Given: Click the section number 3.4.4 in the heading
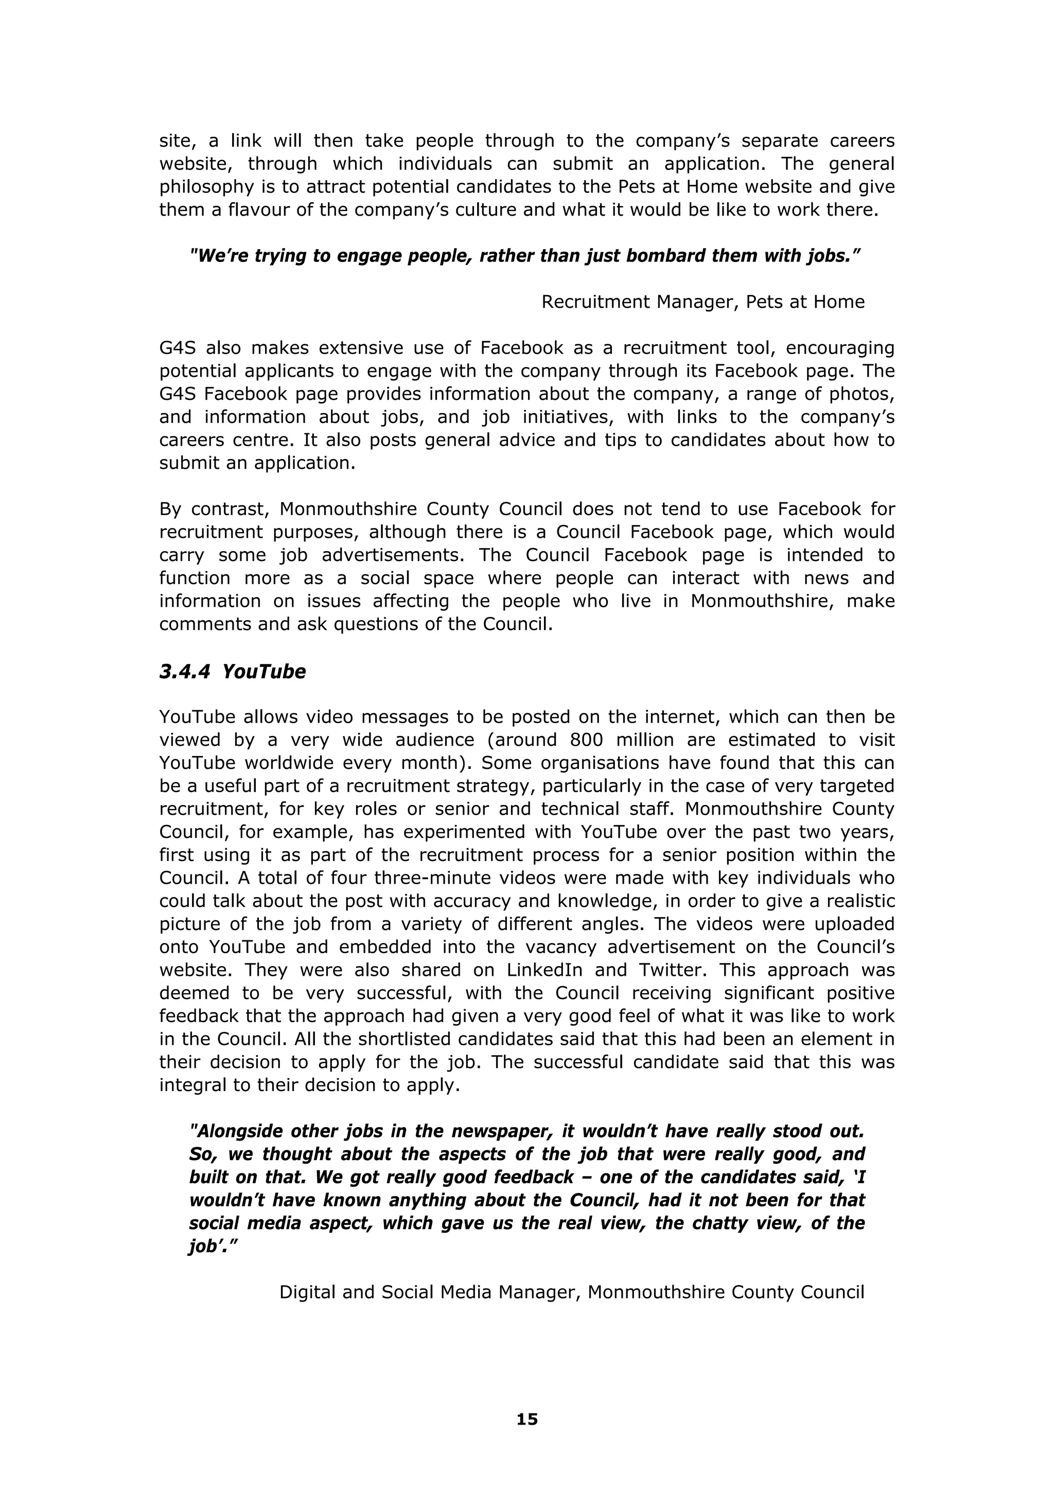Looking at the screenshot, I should tap(184, 672).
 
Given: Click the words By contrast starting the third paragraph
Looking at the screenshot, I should tap(213, 508).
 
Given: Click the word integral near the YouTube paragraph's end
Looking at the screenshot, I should tap(191, 1084).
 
